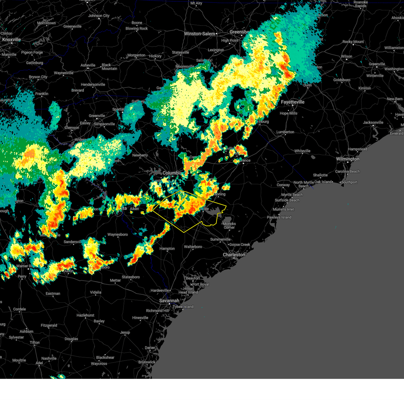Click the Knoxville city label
coord(11,40)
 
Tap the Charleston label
coord(234,255)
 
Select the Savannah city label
coord(169,301)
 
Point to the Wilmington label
coord(347,159)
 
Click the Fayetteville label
coord(293,102)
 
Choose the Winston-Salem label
coord(199,34)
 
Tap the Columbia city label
coord(172,173)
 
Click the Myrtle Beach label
coord(292,195)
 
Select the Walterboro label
coord(193,247)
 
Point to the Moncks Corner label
coord(229,226)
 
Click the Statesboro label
coord(131,277)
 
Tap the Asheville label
coord(88,65)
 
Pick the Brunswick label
coord(147,362)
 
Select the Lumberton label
coord(285,132)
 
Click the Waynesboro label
coord(117,235)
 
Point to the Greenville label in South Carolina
coord(97,116)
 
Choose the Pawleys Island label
coord(279,217)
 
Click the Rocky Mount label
coord(353,42)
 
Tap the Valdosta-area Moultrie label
coord(19,360)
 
